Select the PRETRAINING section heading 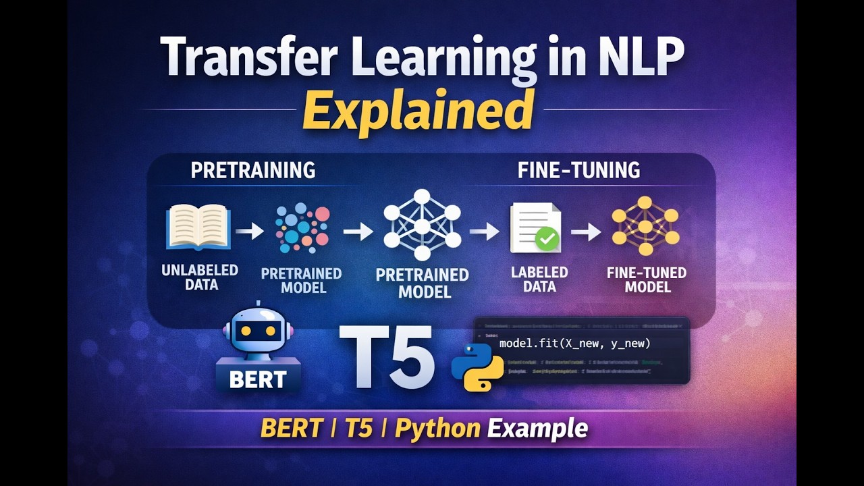(253, 169)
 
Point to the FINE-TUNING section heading (578, 169)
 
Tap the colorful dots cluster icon (302, 228)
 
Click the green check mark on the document (546, 238)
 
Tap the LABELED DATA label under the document (539, 279)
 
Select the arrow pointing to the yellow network (585, 232)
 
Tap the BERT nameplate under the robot (258, 378)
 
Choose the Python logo (478, 367)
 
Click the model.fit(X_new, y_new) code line (574, 344)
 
